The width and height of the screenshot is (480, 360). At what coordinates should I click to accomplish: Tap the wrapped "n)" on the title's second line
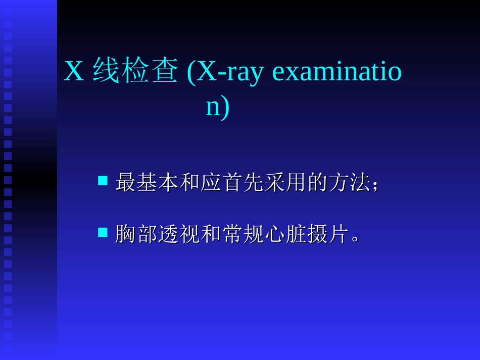218,108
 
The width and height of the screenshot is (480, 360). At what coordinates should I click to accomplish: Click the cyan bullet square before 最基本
103,180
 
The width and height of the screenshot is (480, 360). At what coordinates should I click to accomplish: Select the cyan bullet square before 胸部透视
103,232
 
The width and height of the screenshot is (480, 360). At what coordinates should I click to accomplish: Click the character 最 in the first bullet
126,183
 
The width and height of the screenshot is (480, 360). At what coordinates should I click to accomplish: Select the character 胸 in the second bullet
126,234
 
